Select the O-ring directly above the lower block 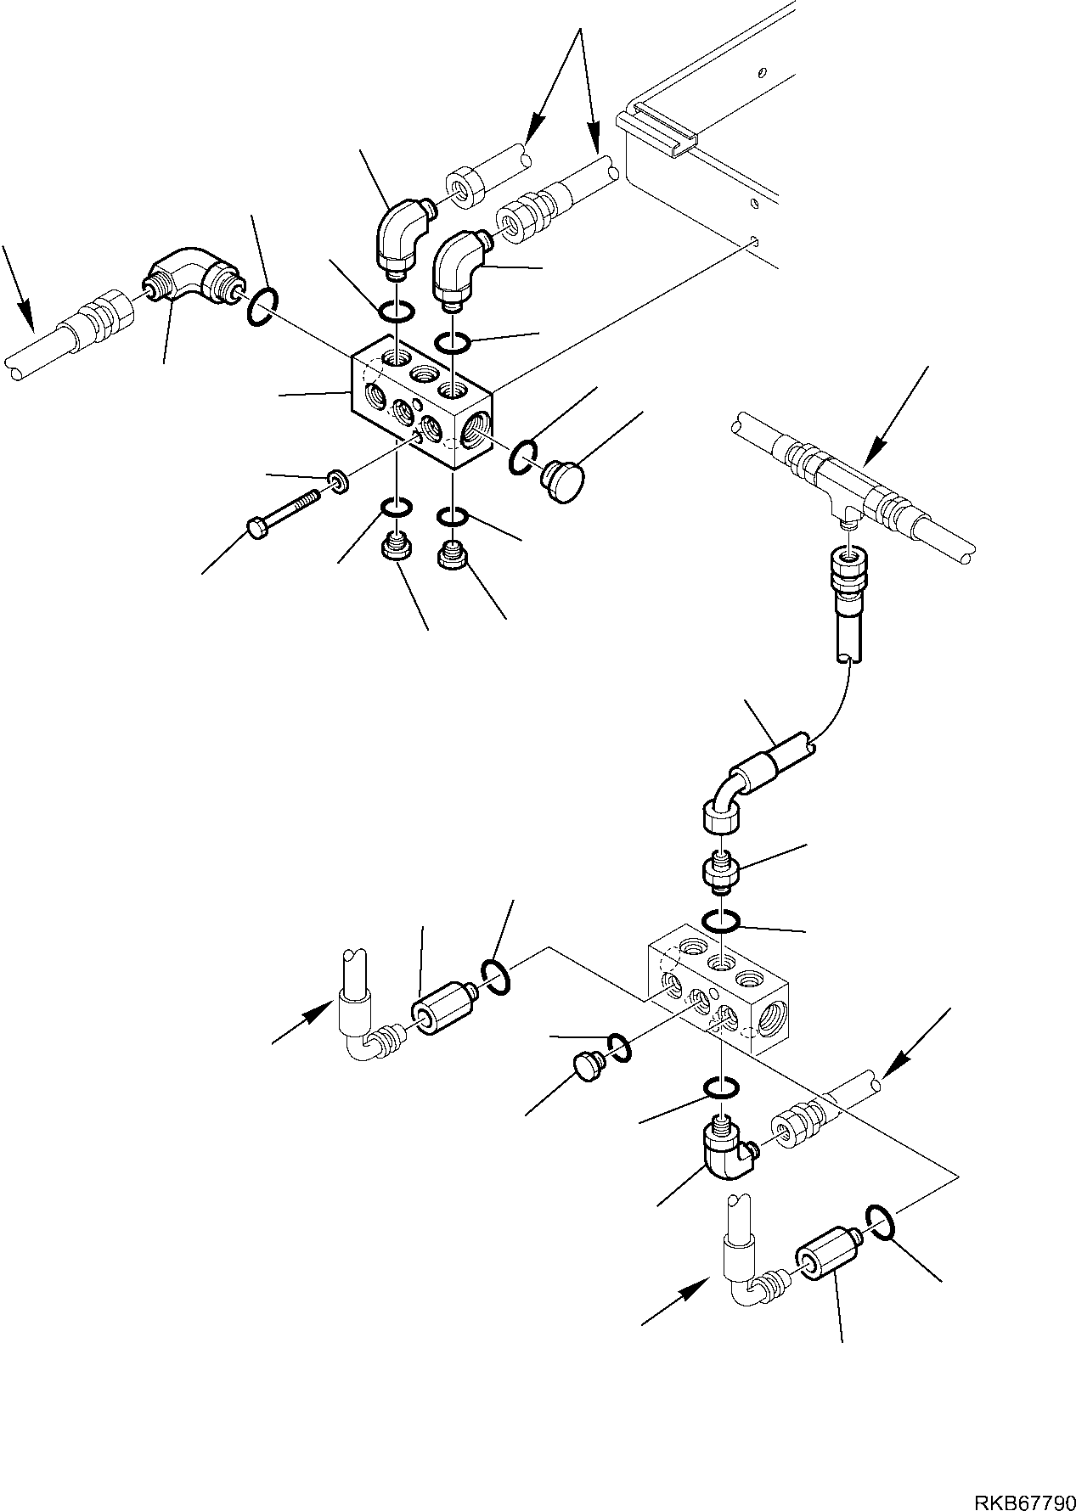click(721, 921)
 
